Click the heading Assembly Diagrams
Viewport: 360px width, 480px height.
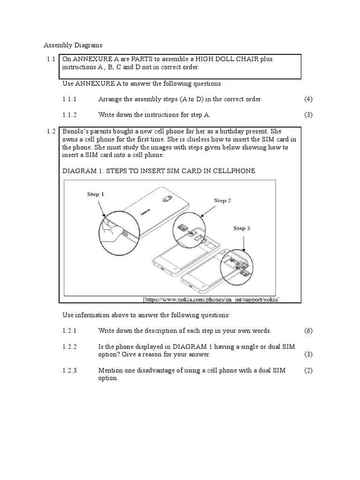(x=73, y=45)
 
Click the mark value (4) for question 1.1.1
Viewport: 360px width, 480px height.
(x=308, y=99)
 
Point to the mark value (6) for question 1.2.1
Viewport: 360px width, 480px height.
(x=308, y=330)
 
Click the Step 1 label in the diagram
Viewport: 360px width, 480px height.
(x=96, y=193)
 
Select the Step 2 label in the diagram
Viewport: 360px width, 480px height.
(x=223, y=201)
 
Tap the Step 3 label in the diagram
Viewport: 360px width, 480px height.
(x=241, y=228)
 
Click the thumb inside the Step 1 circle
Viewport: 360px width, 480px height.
(x=109, y=232)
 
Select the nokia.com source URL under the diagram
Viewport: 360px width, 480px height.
(x=210, y=299)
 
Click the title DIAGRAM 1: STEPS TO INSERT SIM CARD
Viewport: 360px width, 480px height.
(x=159, y=171)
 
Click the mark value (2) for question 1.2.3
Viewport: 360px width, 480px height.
(x=308, y=370)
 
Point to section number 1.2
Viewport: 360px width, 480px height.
(x=51, y=132)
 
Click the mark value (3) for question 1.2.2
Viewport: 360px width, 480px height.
(x=308, y=354)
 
